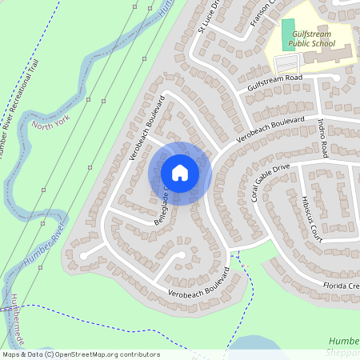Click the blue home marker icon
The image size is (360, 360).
180,173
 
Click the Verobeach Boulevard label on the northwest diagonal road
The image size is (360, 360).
146,128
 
